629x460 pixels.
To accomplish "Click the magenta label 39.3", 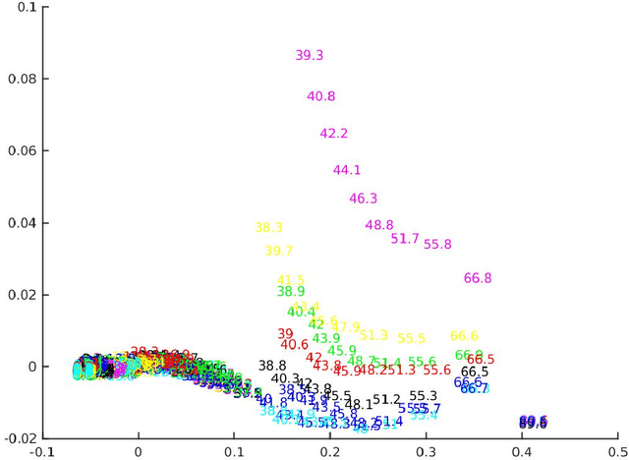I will (310, 56).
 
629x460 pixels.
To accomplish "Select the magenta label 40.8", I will (321, 97).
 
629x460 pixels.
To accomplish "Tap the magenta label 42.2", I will (334, 134).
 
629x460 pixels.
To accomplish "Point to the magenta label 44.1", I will (347, 170).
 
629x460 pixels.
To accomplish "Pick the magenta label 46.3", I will (364, 199).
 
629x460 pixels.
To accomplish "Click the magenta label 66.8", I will (478, 279).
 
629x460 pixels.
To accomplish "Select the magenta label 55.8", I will (437, 245).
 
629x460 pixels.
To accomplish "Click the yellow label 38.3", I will (268, 228).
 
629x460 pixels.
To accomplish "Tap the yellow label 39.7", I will (279, 252).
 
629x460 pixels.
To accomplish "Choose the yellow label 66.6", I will (464, 336).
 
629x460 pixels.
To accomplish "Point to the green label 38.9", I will (291, 292).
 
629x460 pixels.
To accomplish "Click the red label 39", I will (285, 334).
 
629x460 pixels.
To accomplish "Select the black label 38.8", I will (272, 366).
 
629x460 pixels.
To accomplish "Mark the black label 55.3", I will (423, 396).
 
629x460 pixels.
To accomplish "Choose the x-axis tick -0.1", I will (43, 452).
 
